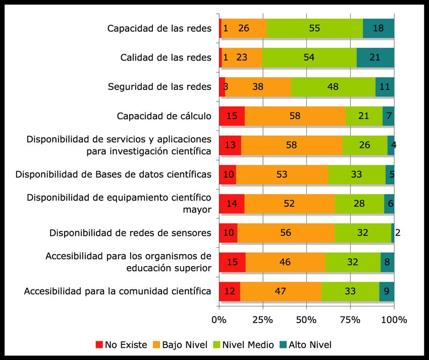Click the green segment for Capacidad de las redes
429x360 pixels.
[x=314, y=28]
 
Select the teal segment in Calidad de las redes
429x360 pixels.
[x=375, y=58]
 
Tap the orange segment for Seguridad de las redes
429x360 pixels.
[x=258, y=87]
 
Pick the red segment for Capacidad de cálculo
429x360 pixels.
[x=232, y=116]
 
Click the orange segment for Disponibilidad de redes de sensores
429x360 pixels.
[x=286, y=233]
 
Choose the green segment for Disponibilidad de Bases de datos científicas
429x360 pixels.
[x=356, y=175]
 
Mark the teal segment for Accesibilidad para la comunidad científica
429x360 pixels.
[x=387, y=291]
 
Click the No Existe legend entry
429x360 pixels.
[x=121, y=345]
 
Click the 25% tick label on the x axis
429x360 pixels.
[x=262, y=320]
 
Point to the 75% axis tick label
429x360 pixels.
[x=350, y=320]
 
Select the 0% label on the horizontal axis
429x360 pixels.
[x=219, y=320]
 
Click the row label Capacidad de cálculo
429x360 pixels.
[x=164, y=116]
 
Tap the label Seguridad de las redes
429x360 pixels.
[x=159, y=87]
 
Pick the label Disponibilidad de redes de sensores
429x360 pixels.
[x=130, y=233]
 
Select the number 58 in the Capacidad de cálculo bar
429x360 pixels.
[x=295, y=116]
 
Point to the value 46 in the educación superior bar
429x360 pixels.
[x=285, y=262]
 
